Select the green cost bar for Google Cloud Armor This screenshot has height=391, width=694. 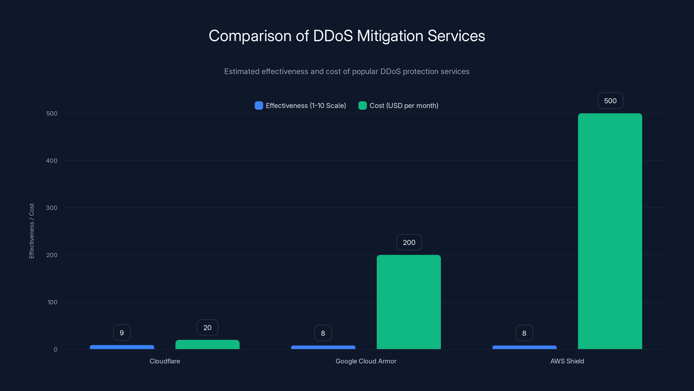(x=409, y=302)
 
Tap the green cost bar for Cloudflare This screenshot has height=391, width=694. (x=208, y=345)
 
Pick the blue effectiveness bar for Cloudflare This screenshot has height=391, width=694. (x=122, y=347)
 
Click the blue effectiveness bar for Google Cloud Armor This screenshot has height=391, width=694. (x=323, y=347)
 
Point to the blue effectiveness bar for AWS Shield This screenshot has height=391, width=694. (x=524, y=347)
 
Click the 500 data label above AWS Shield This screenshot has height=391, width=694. (x=610, y=101)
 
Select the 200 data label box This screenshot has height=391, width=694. (x=409, y=242)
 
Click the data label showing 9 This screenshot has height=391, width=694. (x=122, y=333)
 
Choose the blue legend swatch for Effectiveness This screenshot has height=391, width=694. (x=259, y=106)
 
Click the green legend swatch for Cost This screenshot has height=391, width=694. (x=362, y=106)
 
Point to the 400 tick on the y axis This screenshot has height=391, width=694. (x=52, y=161)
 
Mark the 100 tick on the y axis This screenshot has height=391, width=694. (x=52, y=302)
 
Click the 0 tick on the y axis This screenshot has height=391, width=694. (x=56, y=350)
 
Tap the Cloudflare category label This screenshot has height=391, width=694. (x=165, y=361)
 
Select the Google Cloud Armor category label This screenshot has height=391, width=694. (x=366, y=361)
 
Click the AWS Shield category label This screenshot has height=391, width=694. (x=567, y=361)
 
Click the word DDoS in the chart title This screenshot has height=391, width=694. (x=333, y=36)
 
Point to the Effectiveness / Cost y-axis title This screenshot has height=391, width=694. (x=31, y=231)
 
